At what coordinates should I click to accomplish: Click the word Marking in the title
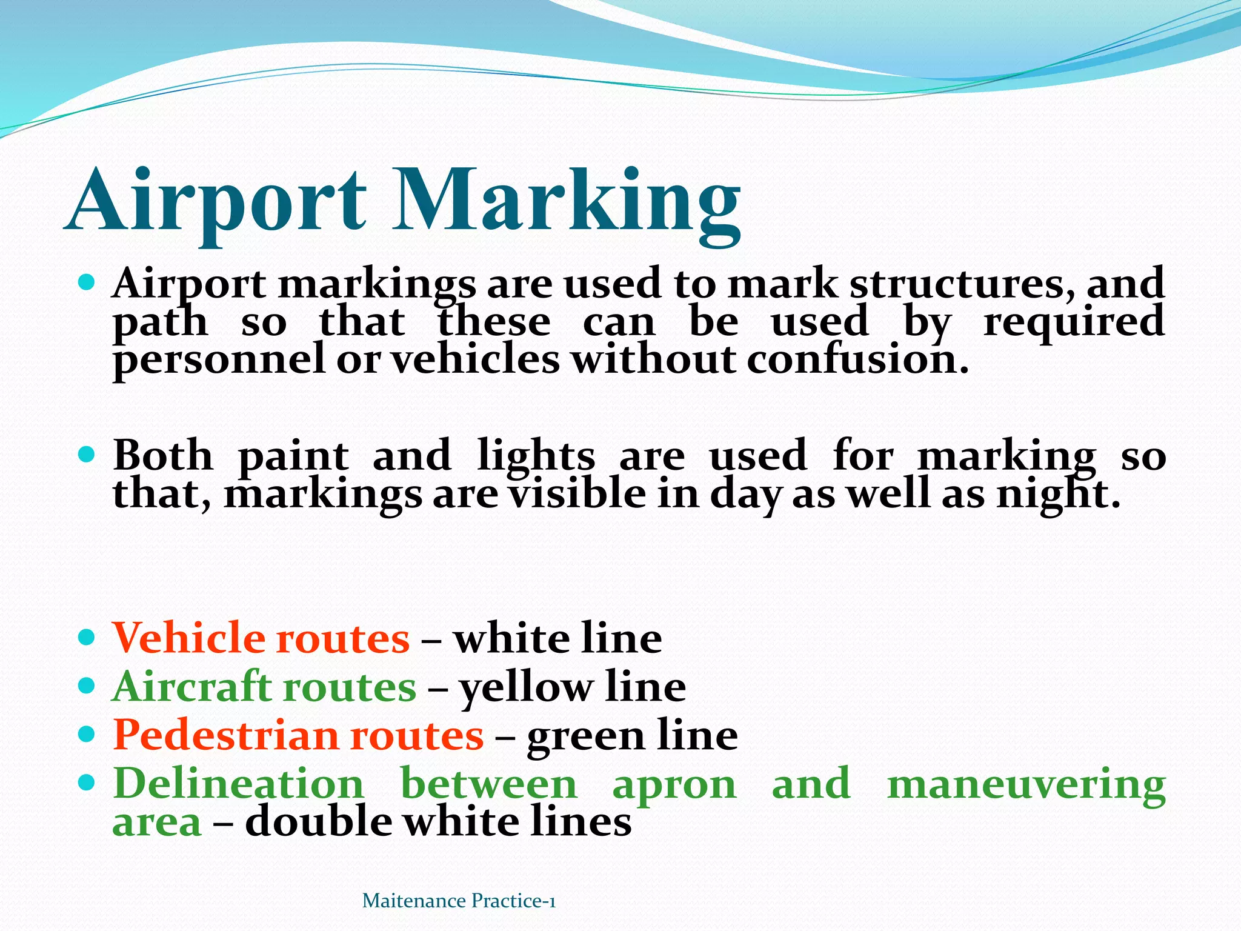tap(567, 201)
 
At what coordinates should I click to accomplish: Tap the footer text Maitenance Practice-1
tap(459, 901)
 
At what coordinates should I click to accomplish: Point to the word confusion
tap(857, 359)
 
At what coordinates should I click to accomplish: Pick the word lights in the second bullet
tap(536, 456)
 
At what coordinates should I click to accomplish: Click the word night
tap(1058, 495)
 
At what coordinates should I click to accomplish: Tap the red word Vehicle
tap(188, 638)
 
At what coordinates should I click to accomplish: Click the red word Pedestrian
tap(225, 735)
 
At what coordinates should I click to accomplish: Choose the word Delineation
tap(239, 784)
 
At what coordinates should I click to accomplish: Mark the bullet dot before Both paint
tap(88, 455)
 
